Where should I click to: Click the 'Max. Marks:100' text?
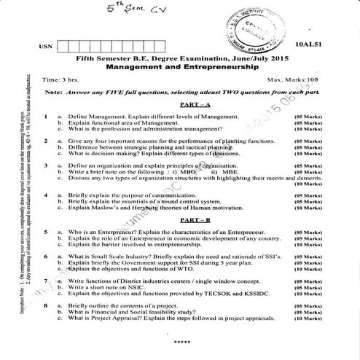click(294, 79)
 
